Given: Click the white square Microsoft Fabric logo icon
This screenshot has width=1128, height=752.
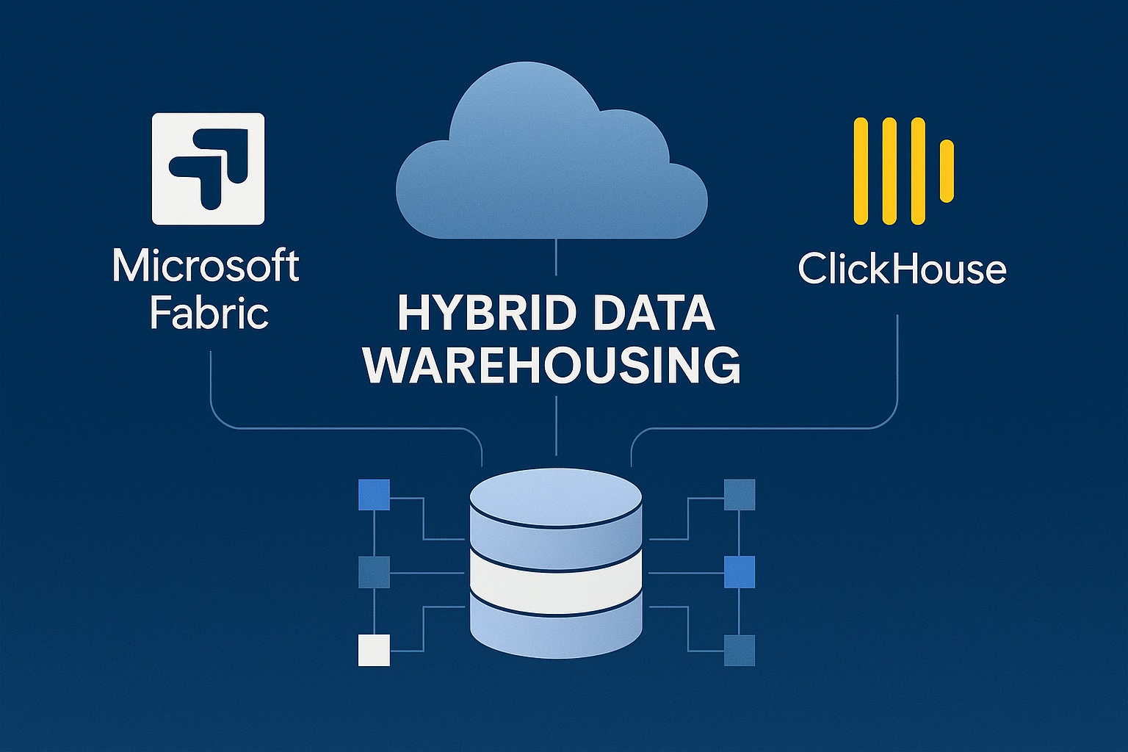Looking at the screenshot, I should pos(208,168).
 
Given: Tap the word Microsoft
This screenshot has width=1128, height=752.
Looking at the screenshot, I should pos(206,266).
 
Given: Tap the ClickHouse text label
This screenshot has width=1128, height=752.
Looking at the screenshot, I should pos(902,269).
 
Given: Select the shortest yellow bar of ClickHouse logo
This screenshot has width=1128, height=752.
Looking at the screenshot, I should pos(947,170).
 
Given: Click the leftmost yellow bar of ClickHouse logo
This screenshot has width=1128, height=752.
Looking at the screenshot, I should pos(861,170).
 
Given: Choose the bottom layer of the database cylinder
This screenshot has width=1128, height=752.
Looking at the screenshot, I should pos(556,624).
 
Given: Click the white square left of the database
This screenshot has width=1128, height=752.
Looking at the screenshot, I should pos(374,650).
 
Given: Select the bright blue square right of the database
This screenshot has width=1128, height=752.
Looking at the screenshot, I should pos(740,572).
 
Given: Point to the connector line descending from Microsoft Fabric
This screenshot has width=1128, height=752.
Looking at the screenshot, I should pos(211,382).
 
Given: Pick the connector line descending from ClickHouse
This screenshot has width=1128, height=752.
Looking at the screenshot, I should pos(897,367).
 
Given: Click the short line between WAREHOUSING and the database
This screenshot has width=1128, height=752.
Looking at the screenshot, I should pos(557,426).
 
